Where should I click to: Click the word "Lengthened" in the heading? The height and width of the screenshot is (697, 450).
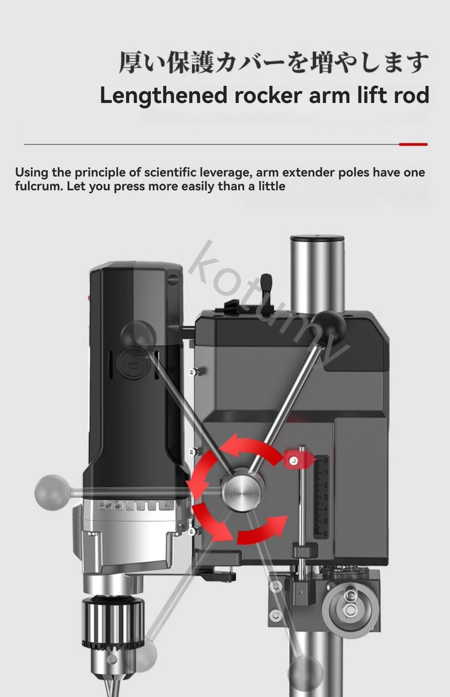tap(163, 95)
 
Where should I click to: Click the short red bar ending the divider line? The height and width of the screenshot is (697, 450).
tap(413, 144)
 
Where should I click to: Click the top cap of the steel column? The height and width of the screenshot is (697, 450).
tap(317, 238)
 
